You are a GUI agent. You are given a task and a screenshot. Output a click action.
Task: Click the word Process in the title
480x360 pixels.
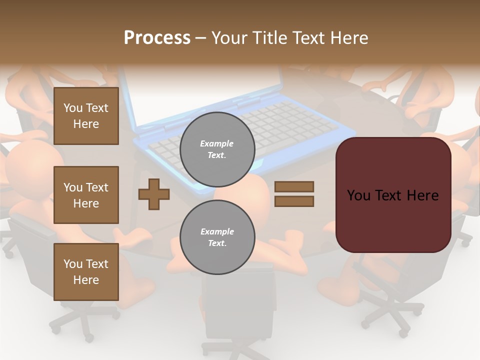(157, 37)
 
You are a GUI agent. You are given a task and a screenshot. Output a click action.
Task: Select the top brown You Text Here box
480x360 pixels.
(86, 116)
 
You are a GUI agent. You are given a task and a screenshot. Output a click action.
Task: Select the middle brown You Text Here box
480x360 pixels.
(86, 195)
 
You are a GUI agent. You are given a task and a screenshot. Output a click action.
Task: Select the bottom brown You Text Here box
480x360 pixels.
(86, 272)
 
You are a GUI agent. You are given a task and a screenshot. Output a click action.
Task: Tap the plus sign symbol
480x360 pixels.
(154, 194)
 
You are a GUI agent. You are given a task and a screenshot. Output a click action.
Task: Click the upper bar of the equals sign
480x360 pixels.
(294, 186)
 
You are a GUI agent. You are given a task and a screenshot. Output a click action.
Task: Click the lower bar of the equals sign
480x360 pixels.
(294, 201)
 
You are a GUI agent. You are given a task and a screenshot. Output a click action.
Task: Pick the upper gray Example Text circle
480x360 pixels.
(217, 149)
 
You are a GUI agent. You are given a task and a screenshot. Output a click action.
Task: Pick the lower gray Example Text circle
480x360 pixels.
(217, 237)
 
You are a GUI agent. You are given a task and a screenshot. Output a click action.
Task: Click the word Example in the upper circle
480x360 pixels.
(216, 143)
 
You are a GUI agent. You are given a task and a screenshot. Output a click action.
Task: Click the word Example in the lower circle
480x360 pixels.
(217, 231)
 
